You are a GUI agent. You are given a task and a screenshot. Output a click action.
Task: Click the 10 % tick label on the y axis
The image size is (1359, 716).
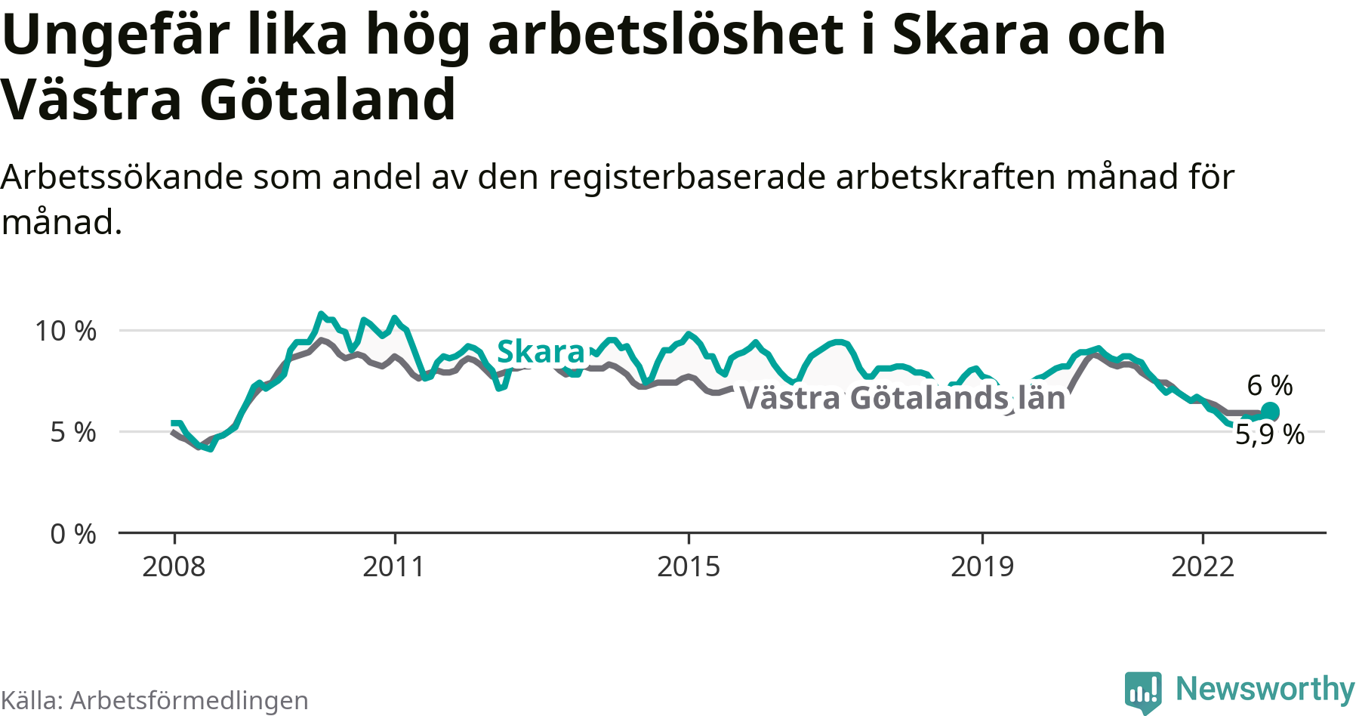tap(66, 331)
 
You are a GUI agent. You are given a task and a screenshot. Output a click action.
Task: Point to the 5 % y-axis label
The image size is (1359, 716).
tap(73, 432)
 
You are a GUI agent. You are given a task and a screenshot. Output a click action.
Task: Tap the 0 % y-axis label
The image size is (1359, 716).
tap(73, 534)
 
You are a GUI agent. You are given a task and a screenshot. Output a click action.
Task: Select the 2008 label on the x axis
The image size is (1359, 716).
tap(174, 566)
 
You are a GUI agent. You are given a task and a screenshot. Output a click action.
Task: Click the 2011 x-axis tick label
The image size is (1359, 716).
tap(394, 566)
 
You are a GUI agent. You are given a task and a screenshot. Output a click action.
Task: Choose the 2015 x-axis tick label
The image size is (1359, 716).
tap(689, 566)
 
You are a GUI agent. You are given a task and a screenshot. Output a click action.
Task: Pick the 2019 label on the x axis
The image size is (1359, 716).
tap(982, 566)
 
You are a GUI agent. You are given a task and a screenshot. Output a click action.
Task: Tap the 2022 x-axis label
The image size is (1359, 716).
tap(1203, 566)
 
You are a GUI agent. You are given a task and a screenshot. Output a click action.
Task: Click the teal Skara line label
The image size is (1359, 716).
tap(541, 352)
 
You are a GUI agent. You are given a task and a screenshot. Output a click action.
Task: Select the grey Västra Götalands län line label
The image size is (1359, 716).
tap(902, 398)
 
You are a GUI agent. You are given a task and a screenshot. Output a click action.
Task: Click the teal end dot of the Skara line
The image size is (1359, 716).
tap(1270, 412)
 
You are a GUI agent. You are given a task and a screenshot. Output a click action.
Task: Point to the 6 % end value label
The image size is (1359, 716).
tap(1270, 385)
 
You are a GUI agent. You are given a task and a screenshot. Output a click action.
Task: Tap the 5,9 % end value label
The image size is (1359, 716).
tap(1270, 435)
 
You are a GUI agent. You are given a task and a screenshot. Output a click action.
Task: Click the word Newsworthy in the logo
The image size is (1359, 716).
tap(1265, 689)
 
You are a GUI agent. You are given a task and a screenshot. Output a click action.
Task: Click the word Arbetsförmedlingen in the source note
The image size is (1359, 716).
tap(190, 701)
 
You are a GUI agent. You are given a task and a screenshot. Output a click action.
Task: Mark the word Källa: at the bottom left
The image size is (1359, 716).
tap(32, 701)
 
